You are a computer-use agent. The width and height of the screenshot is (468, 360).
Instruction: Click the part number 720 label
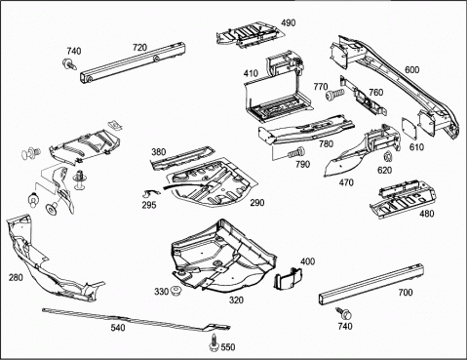pos(139,48)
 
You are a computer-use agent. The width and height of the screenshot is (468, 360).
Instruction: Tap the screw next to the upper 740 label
pos(69,63)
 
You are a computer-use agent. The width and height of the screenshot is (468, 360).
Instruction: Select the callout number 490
pos(289,23)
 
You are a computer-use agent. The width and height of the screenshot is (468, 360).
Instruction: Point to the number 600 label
pos(411,69)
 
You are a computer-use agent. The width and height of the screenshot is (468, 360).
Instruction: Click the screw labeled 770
pos(334,94)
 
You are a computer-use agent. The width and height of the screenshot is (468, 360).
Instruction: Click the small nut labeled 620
pos(388,157)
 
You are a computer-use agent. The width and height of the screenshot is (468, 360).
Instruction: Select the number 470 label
pos(346,182)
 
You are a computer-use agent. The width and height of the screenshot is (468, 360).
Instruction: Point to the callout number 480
pos(426,214)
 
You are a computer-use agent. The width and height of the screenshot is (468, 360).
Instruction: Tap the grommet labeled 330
pos(176,291)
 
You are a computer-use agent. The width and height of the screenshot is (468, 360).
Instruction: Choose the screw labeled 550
pos(214,342)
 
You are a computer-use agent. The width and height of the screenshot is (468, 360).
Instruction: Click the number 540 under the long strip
pos(118,328)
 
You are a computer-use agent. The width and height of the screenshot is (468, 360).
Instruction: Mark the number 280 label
pos(16,277)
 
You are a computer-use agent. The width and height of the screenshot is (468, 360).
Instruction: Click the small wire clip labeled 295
pos(149,193)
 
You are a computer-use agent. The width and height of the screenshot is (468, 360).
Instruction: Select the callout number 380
pos(159,152)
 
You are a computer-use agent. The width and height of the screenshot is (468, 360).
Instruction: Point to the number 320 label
pos(236,300)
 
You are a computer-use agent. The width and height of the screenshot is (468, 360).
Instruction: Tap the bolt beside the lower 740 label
pos(345,314)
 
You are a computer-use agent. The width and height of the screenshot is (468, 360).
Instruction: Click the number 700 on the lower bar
pos(406,293)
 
